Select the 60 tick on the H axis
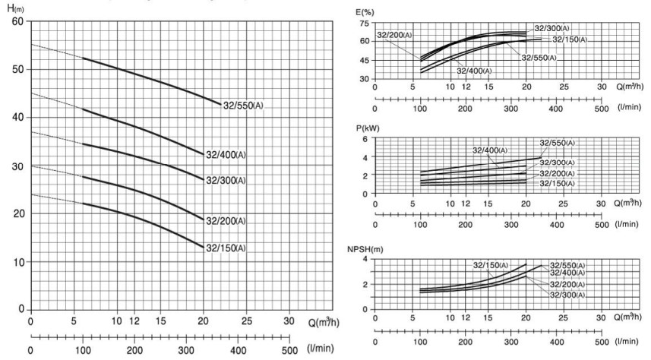tap(17, 21)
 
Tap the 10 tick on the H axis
tap(17, 262)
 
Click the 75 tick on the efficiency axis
tap(363, 24)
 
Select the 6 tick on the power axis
tap(365, 140)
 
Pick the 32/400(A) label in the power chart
tap(491, 150)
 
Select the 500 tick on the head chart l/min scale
tap(289, 350)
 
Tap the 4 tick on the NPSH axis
tap(365, 259)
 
